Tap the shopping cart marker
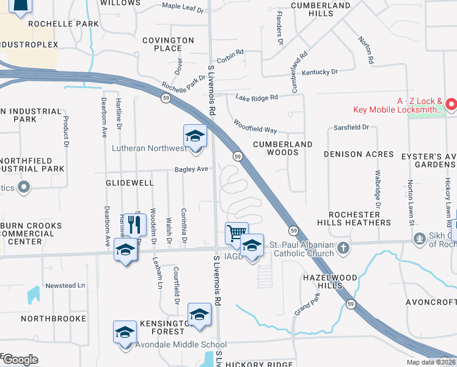236,233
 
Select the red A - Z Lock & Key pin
452,105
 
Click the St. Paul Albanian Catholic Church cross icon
343,248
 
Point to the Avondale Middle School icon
125,333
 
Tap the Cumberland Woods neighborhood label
283,148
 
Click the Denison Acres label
359,154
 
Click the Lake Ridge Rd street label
257,97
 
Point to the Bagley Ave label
192,169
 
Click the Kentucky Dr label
319,72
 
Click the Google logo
20,360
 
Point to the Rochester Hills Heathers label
359,218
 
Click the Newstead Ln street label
65,286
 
